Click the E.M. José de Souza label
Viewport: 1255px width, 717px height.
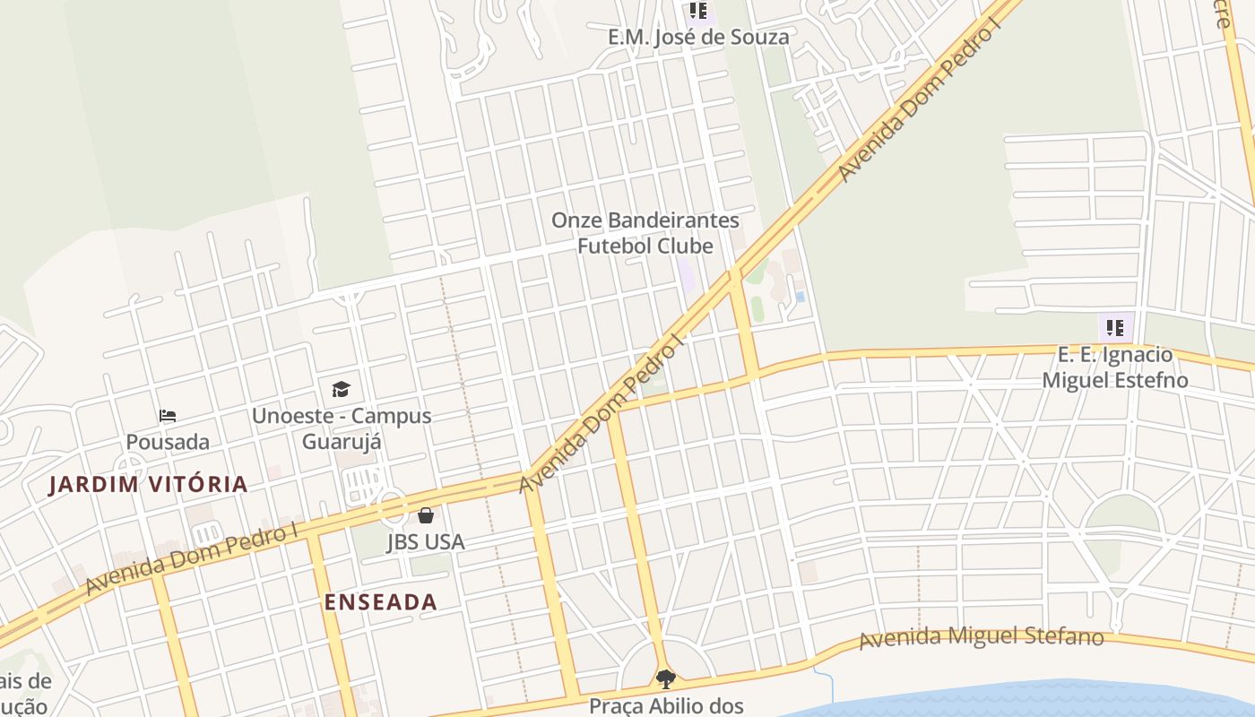698,37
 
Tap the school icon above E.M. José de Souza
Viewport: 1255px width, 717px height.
697,12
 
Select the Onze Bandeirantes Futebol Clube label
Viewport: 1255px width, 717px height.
645,233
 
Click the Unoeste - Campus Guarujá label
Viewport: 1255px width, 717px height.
342,428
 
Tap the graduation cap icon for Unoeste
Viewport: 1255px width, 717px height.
341,389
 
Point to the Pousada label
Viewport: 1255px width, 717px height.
168,442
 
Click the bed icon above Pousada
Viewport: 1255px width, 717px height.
168,416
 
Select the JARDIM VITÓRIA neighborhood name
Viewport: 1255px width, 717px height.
148,485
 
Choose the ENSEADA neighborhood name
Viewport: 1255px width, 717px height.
381,602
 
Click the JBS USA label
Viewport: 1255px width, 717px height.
426,542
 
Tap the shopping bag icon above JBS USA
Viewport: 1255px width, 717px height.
426,515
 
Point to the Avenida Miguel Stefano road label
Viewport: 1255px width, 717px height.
981,638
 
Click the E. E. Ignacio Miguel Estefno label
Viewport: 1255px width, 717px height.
1114,367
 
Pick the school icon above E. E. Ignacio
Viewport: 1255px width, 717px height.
1114,327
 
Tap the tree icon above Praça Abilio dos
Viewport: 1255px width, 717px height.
665,678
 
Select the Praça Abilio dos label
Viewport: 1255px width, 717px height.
666,705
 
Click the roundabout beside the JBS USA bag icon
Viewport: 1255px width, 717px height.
392,506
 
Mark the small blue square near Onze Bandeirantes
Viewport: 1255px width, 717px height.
800,297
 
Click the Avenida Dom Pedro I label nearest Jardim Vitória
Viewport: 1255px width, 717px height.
193,557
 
